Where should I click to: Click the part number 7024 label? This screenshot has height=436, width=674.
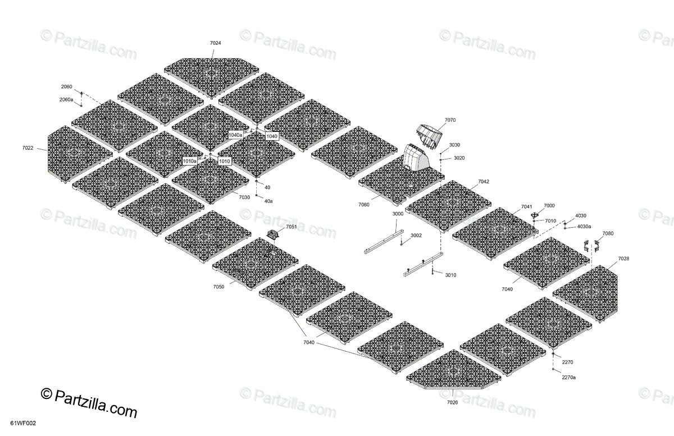215,43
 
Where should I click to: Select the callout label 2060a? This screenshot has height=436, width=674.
66,99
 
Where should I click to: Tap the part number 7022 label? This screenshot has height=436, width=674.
28,148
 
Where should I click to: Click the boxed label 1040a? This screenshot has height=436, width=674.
235,135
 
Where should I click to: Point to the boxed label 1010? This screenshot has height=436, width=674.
225,161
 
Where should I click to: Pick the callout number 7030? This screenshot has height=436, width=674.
244,197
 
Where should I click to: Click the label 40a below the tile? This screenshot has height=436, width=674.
268,201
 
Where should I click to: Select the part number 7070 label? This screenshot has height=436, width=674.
450,120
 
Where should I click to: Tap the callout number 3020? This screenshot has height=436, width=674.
459,158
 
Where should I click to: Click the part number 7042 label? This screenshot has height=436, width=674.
483,182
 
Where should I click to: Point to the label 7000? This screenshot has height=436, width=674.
549,206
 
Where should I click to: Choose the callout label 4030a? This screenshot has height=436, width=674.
584,226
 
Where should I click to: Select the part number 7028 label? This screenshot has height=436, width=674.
623,258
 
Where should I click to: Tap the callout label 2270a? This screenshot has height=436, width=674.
568,377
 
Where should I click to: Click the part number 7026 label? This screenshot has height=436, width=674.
452,402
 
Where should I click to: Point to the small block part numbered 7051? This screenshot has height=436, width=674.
274,235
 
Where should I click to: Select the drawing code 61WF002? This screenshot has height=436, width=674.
20,428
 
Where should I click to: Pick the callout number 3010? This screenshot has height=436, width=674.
450,275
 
